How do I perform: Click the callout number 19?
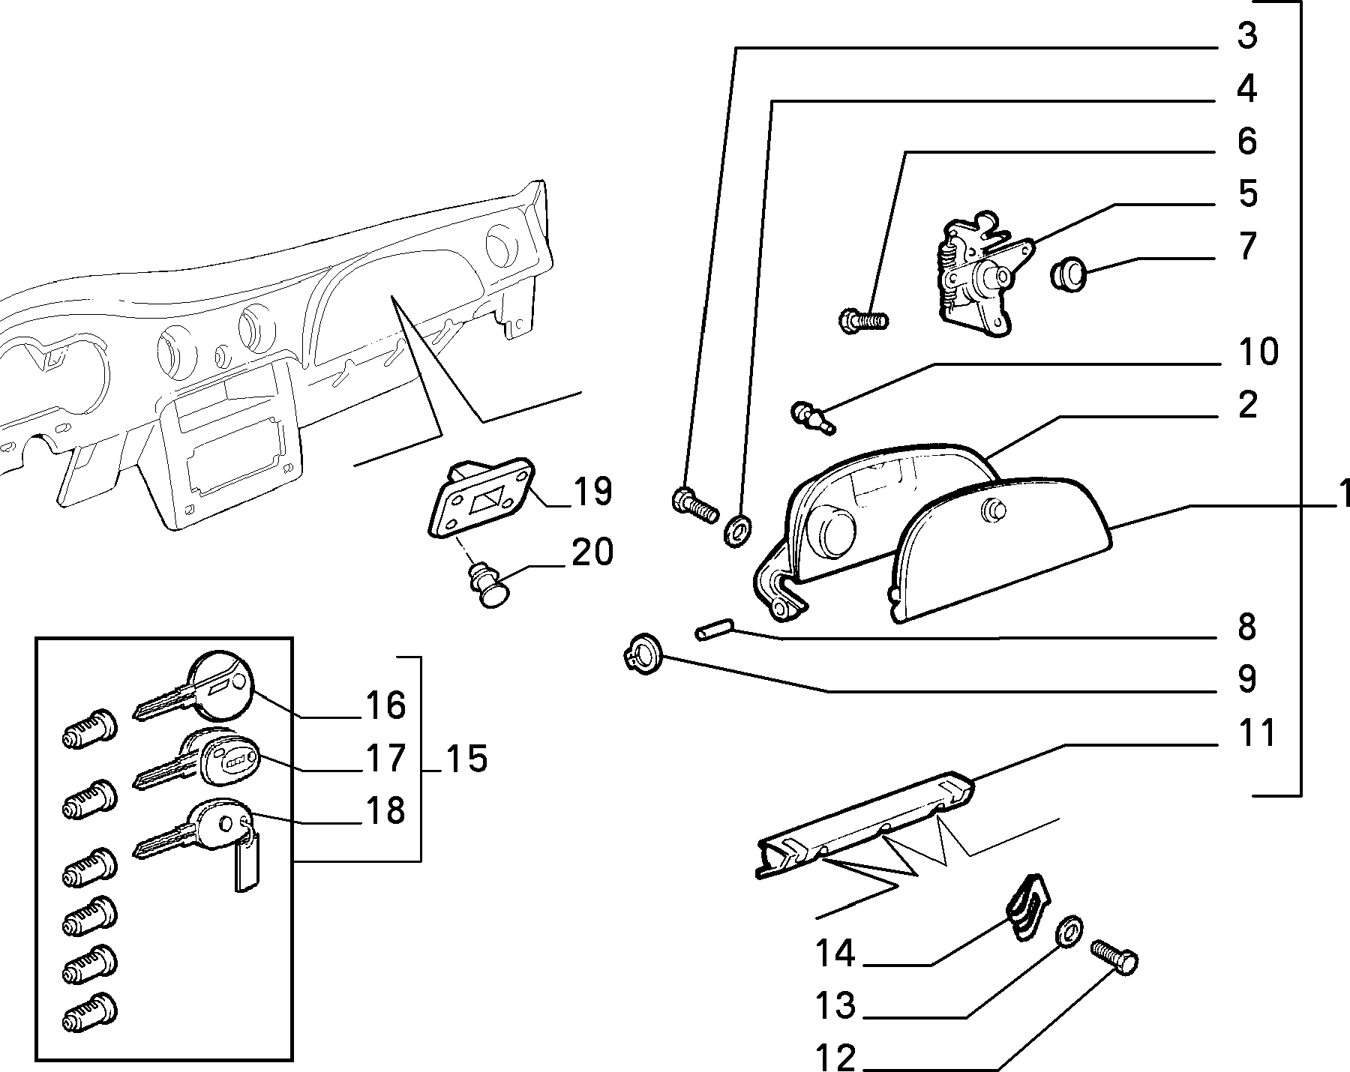(593, 492)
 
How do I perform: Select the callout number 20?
(592, 552)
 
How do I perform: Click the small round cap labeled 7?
(1067, 274)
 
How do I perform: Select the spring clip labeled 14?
(1027, 906)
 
